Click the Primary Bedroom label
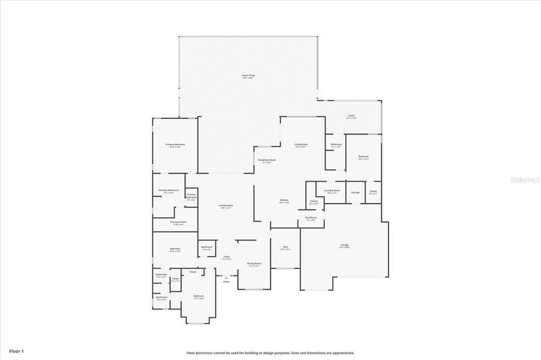(175, 145)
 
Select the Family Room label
(226, 205)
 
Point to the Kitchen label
(284, 200)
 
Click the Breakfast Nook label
(267, 160)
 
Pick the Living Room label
(301, 145)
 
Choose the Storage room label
(355, 193)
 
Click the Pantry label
(314, 201)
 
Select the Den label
(285, 247)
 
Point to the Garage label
(344, 244)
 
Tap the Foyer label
(226, 257)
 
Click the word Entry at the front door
(226, 281)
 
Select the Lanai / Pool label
(249, 76)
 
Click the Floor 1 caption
(16, 350)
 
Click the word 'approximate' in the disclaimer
(342, 353)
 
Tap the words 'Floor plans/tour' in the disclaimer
(199, 353)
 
